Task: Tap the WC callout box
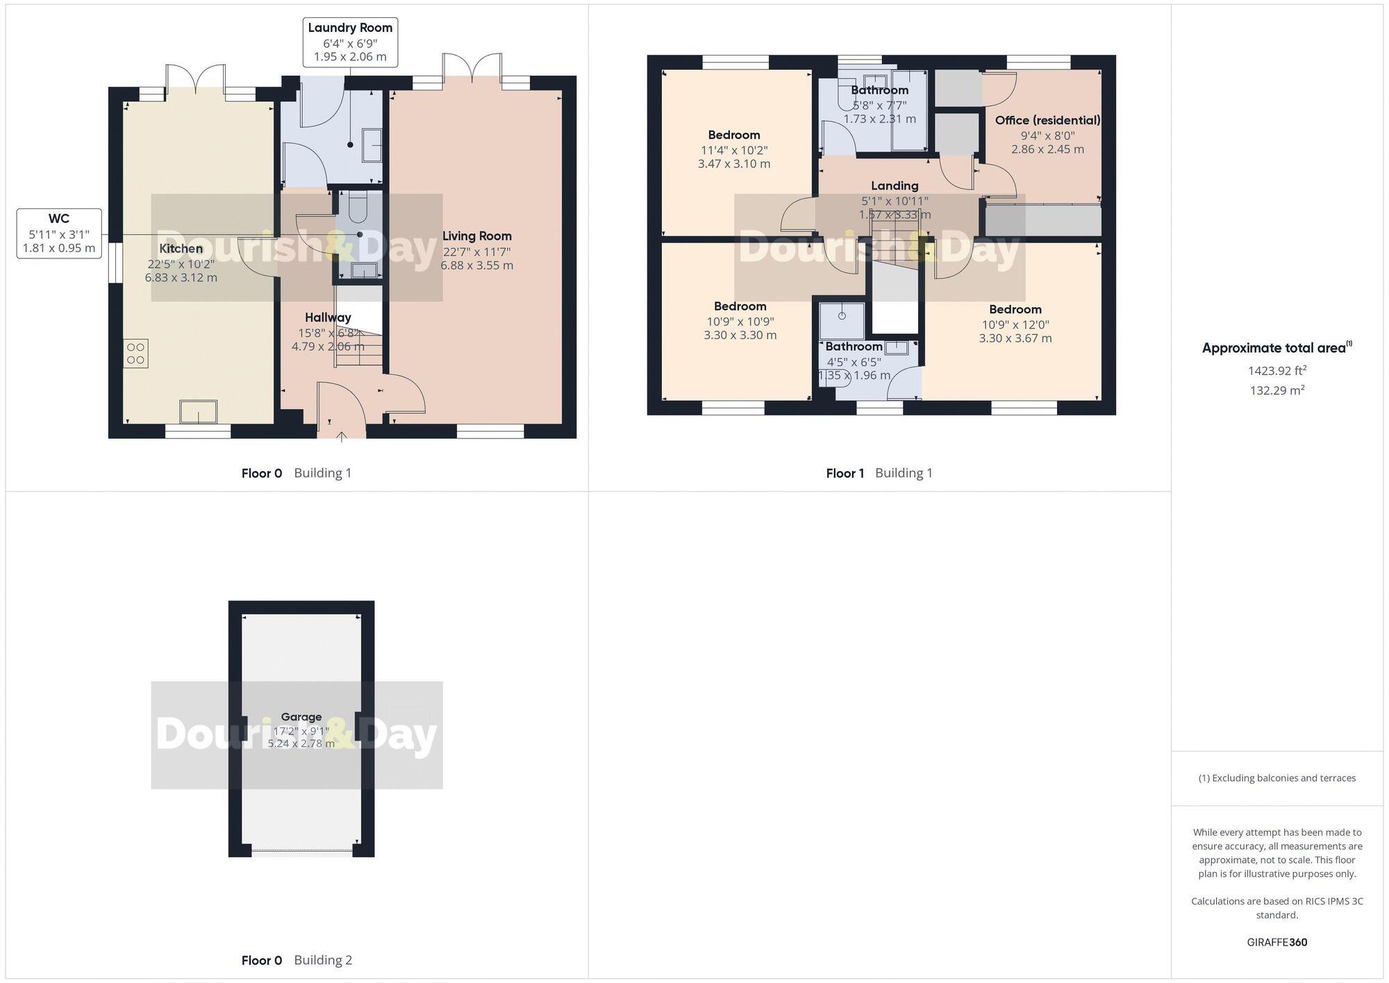coord(59,233)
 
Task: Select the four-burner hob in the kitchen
coord(136,354)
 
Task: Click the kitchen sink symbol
coord(198,411)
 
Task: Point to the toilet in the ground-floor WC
coord(359,206)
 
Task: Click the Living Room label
coord(476,236)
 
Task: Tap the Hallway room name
coord(328,317)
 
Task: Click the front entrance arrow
coord(342,436)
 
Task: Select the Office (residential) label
coord(1047,120)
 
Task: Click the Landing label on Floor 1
coord(895,185)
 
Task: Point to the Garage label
coord(301,717)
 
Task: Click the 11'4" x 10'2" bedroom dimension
coord(734,150)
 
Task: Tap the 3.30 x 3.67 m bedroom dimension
coord(1015,338)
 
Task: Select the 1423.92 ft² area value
coord(1276,370)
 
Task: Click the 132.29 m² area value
coord(1276,390)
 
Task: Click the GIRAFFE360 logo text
coord(1276,942)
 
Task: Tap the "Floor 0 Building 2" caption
coord(297,960)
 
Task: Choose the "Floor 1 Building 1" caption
coord(879,473)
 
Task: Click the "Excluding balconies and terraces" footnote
coord(1276,778)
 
